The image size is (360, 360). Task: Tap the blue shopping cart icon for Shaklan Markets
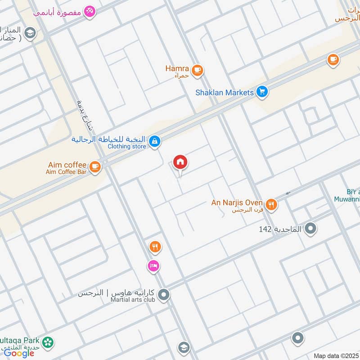[262, 92]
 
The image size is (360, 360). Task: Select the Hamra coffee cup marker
[197, 70]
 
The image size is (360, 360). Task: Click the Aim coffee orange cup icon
[94, 167]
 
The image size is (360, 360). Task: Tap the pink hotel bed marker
[153, 266]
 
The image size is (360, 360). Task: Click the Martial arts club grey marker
[164, 295]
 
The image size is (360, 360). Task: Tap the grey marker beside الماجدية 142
[310, 229]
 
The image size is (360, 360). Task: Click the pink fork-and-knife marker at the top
[90, 11]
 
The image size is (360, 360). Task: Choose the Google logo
[19, 353]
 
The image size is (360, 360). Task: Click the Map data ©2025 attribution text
[335, 356]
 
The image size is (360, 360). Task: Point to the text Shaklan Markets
[225, 92]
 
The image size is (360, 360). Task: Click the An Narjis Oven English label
[237, 202]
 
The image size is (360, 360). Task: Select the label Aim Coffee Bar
[65, 172]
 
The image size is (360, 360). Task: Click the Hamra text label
[177, 68]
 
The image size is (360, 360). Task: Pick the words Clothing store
[127, 146]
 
